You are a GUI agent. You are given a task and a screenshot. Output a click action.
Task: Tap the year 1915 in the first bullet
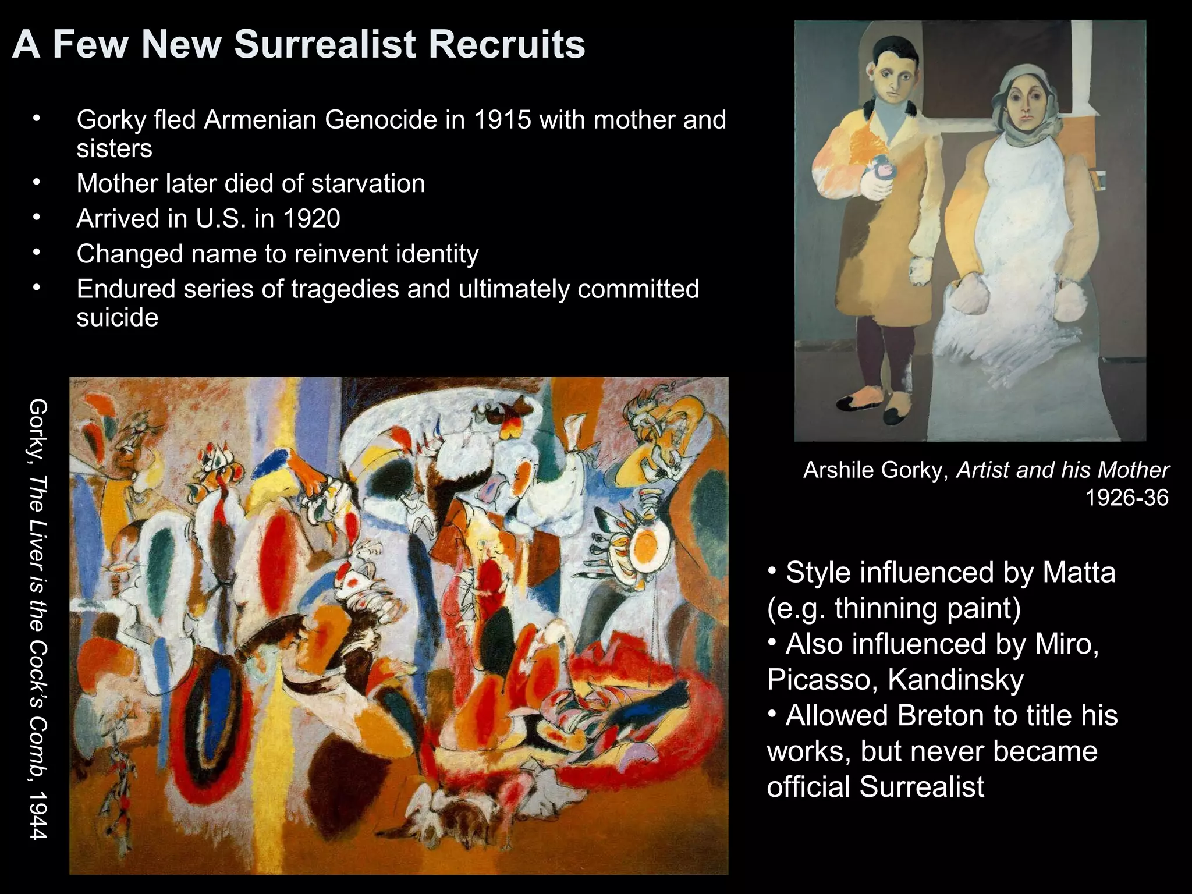coord(502,120)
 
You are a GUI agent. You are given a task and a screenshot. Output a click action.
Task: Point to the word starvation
coord(368,184)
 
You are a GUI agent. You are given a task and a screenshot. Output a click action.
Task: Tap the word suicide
coord(118,318)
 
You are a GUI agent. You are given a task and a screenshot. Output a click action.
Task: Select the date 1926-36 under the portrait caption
coord(1127,498)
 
